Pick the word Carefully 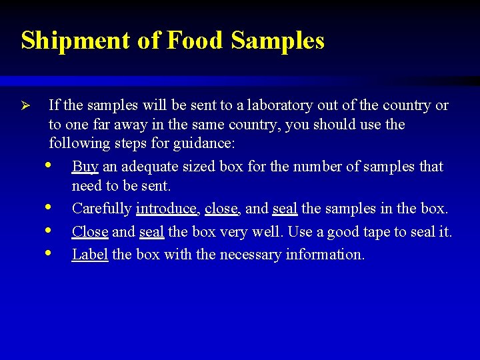(101, 209)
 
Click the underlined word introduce (167, 209)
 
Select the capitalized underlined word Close (89, 232)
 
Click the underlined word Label (89, 255)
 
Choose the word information (325, 255)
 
